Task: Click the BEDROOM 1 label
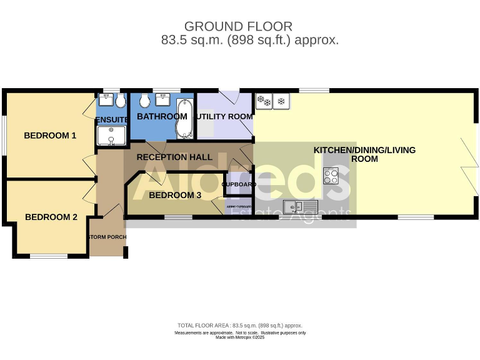[50, 135]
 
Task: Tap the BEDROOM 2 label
[51, 217]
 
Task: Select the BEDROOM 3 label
[175, 195]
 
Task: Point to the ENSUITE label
[112, 119]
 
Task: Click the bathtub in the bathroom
[184, 117]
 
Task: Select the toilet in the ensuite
[120, 101]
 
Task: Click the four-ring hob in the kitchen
[331, 176]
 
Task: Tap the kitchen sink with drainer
[301, 206]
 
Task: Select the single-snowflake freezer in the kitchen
[281, 101]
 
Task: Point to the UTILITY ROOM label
[224, 116]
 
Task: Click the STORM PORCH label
[107, 237]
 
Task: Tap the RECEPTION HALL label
[174, 157]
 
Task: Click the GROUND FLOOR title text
[238, 26]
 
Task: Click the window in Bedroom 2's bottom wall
[49, 256]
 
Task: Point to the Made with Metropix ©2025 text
[240, 337]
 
